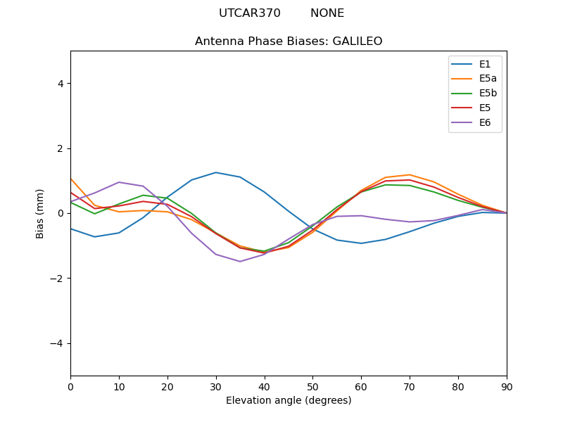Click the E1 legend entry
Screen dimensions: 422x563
coord(484,64)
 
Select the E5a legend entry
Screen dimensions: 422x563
coord(487,79)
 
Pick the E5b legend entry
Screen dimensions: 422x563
coord(487,93)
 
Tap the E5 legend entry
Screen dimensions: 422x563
coord(484,108)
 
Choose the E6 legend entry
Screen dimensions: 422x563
coord(484,122)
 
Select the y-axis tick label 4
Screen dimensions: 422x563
coord(61,84)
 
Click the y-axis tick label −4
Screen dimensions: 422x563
coord(58,343)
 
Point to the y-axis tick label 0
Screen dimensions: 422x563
coord(61,213)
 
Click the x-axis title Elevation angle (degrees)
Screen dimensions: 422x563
coord(289,400)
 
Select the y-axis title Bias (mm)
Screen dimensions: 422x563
coord(41,213)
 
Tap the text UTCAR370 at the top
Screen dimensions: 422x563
coord(250,13)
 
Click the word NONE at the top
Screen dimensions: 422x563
coord(327,13)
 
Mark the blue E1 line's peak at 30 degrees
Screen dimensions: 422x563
coord(216,172)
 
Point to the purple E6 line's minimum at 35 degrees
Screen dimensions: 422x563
coord(240,262)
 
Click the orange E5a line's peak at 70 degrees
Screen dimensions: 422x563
coord(410,174)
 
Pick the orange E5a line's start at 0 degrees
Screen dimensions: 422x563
coord(70,179)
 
